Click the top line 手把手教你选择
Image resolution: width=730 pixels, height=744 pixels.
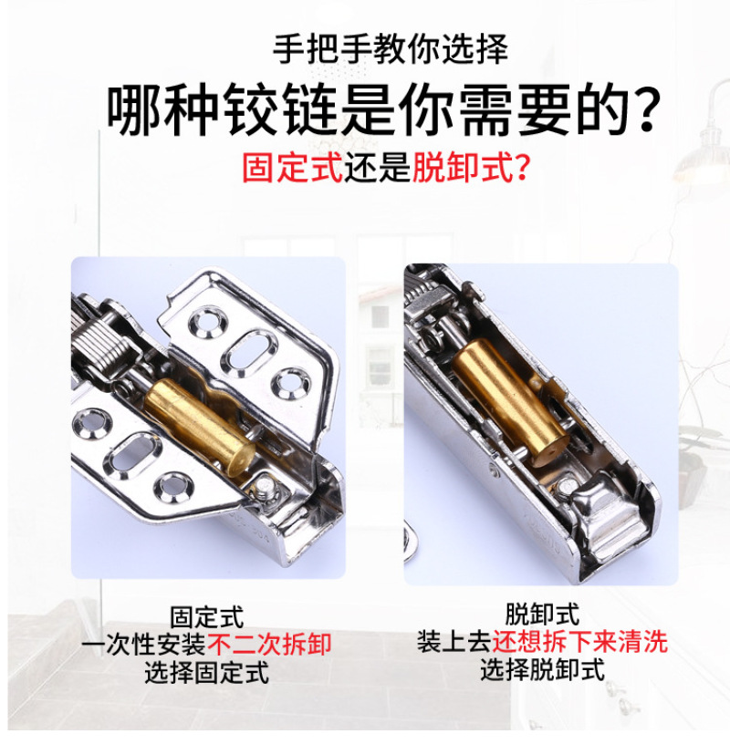[391, 49]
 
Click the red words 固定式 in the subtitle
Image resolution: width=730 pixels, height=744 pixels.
[293, 167]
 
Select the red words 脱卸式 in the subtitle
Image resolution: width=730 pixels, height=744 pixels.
[463, 167]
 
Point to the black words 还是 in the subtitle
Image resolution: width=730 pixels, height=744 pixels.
[378, 167]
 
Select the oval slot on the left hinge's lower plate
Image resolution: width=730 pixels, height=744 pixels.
[131, 456]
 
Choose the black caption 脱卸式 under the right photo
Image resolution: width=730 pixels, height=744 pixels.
[542, 615]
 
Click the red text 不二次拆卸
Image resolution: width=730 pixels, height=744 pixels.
[269, 645]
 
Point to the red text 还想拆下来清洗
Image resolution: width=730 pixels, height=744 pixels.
[580, 642]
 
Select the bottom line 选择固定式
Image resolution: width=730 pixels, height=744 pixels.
[207, 672]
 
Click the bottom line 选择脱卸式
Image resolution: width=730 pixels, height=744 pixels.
[542, 669]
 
